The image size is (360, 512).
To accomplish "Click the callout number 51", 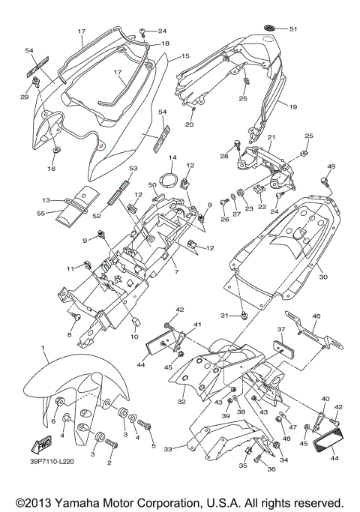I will [x=293, y=29].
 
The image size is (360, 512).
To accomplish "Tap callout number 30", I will [x=323, y=277].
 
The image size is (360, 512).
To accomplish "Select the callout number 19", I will [x=292, y=107].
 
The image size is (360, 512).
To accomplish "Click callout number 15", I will [x=185, y=56].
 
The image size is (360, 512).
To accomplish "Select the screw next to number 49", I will [x=328, y=181].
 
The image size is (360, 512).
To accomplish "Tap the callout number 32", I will [x=181, y=402].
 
